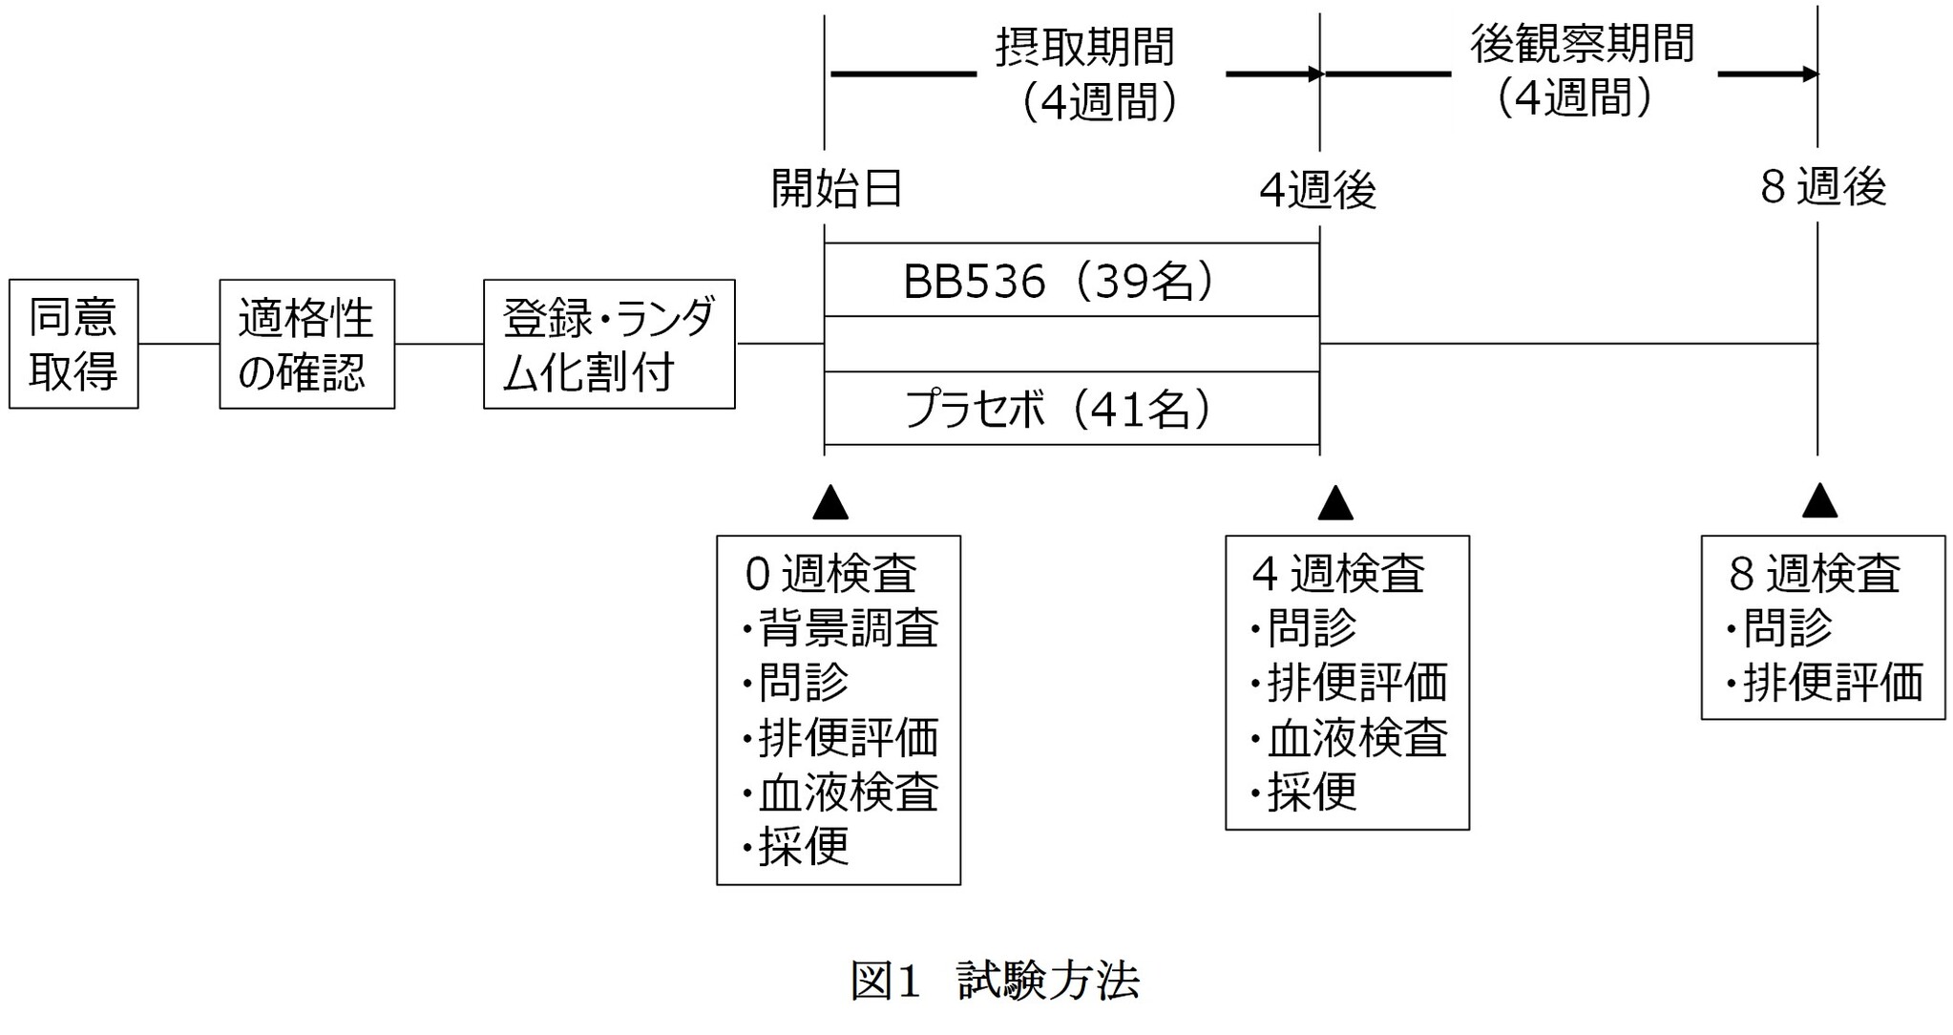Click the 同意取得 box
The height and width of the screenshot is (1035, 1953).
click(73, 344)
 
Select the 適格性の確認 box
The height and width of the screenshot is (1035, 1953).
click(306, 344)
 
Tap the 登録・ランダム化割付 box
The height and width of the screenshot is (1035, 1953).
click(609, 344)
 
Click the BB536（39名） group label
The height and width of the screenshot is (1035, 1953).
click(1060, 281)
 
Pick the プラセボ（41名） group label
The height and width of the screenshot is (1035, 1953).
click(1060, 410)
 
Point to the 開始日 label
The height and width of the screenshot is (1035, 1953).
click(837, 189)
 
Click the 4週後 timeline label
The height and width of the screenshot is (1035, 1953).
click(1318, 191)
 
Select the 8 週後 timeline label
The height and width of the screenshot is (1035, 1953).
click(1823, 187)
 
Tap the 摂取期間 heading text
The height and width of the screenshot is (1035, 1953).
click(1085, 48)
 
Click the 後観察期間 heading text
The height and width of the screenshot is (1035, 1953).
click(1582, 44)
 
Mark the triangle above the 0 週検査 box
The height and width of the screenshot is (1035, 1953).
click(830, 502)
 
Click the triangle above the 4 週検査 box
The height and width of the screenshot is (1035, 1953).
click(1335, 502)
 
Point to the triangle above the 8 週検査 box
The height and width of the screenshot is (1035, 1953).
click(1819, 501)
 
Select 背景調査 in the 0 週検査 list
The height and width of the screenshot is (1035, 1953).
click(848, 628)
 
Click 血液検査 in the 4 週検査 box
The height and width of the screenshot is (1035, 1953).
click(1356, 738)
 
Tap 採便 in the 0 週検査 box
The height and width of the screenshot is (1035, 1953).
click(804, 846)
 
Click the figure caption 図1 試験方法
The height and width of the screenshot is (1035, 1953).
click(995, 981)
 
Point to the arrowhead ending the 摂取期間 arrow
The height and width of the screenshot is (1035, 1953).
click(1314, 74)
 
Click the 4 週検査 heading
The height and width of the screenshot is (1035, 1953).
click(1338, 574)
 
